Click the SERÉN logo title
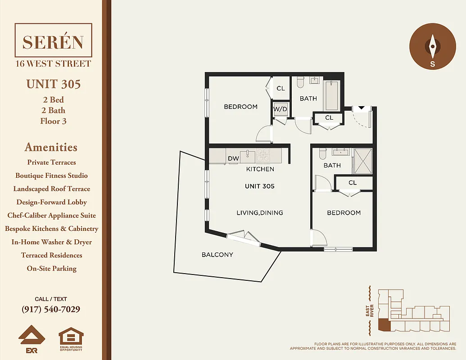53,42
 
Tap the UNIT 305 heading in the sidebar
54,84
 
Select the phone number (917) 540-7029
51,310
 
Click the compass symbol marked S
432,46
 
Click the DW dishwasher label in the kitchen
233,158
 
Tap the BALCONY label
217,255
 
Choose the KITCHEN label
260,169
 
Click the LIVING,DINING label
260,212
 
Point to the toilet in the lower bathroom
322,154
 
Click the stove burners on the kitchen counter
262,156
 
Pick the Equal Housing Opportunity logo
71,340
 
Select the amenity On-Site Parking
51,269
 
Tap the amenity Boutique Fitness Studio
51,175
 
